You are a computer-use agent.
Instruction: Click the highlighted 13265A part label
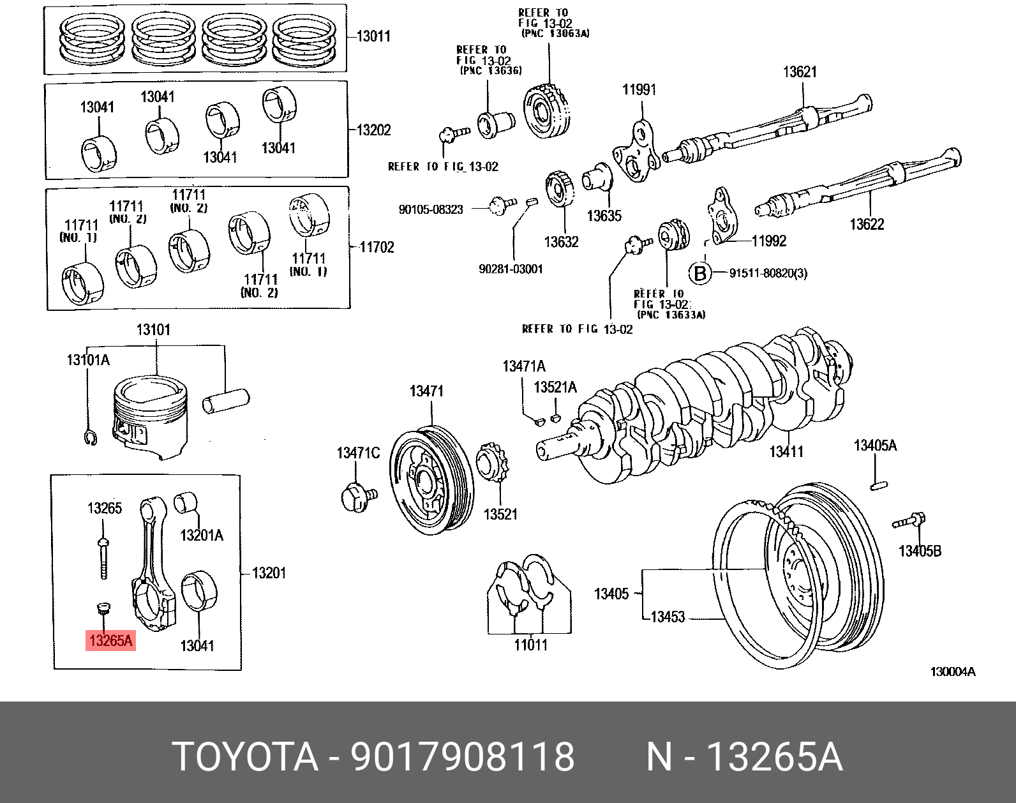pos(110,640)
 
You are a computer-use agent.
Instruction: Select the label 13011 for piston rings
pos(373,36)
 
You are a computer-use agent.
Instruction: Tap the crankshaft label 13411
pos(786,452)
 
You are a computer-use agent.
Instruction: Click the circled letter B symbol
pos(700,273)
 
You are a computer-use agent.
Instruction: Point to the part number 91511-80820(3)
pos(768,273)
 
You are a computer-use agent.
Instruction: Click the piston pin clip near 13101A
pos(90,438)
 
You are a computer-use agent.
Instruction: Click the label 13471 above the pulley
pos(426,391)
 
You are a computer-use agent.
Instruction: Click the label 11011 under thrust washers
pos(530,645)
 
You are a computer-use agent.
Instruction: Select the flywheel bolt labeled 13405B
pos(909,522)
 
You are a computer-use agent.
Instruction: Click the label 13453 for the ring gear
pos(667,617)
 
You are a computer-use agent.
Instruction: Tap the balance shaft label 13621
pos(800,72)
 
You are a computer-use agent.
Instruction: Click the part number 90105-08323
pos(431,209)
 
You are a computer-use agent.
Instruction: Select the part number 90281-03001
pos(511,269)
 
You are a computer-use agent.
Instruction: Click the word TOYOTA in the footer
pos(246,757)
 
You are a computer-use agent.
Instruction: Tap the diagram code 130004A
pos(952,672)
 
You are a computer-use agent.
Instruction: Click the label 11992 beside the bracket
pos(768,241)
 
